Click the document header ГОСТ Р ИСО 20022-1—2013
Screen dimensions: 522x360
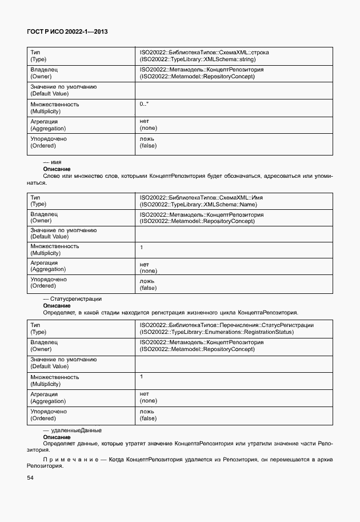click(67, 32)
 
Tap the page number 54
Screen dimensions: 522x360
click(30, 478)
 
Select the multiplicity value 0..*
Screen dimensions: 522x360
click(144, 105)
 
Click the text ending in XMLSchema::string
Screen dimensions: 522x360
click(198, 59)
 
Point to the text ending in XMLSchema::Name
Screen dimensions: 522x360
click(197, 204)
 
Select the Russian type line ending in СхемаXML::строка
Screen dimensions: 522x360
click(204, 53)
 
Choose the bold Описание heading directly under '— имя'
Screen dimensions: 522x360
click(57, 169)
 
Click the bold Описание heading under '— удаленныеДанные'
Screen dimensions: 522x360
click(57, 437)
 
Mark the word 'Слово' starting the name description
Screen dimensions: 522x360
click(52, 176)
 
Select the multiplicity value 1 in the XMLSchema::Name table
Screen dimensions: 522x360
click(141, 247)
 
